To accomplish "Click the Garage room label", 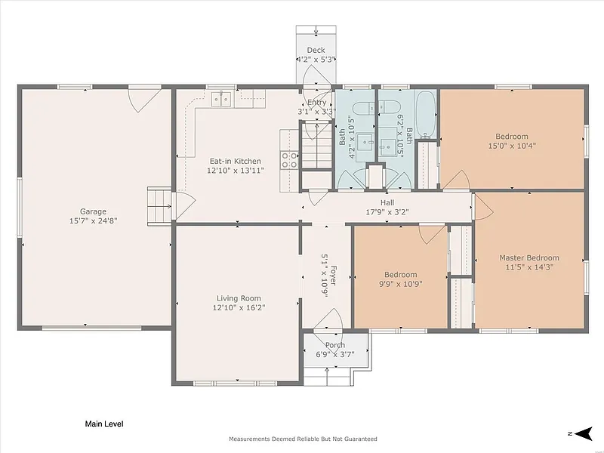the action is pyautogui.click(x=93, y=211).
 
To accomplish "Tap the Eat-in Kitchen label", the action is pyautogui.click(x=235, y=161).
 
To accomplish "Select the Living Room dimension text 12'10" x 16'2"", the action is pyautogui.click(x=239, y=307).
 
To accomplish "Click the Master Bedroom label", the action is pyautogui.click(x=529, y=257).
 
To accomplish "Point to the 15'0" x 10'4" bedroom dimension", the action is pyautogui.click(x=512, y=146).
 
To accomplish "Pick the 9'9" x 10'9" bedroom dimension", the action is pyautogui.click(x=401, y=284).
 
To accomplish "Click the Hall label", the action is pyautogui.click(x=387, y=202).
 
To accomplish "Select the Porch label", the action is pyautogui.click(x=335, y=345).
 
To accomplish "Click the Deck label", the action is pyautogui.click(x=316, y=50).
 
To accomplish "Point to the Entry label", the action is pyautogui.click(x=316, y=103).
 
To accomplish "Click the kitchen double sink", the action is pyautogui.click(x=221, y=99).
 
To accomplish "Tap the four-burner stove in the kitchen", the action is pyautogui.click(x=289, y=160).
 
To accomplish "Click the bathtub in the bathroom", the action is pyautogui.click(x=426, y=115).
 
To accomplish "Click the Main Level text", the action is pyautogui.click(x=104, y=424).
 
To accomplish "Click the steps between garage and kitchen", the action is pyautogui.click(x=159, y=206).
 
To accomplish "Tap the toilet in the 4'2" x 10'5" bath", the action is pyautogui.click(x=364, y=108).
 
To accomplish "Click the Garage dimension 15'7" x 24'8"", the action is pyautogui.click(x=93, y=220).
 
